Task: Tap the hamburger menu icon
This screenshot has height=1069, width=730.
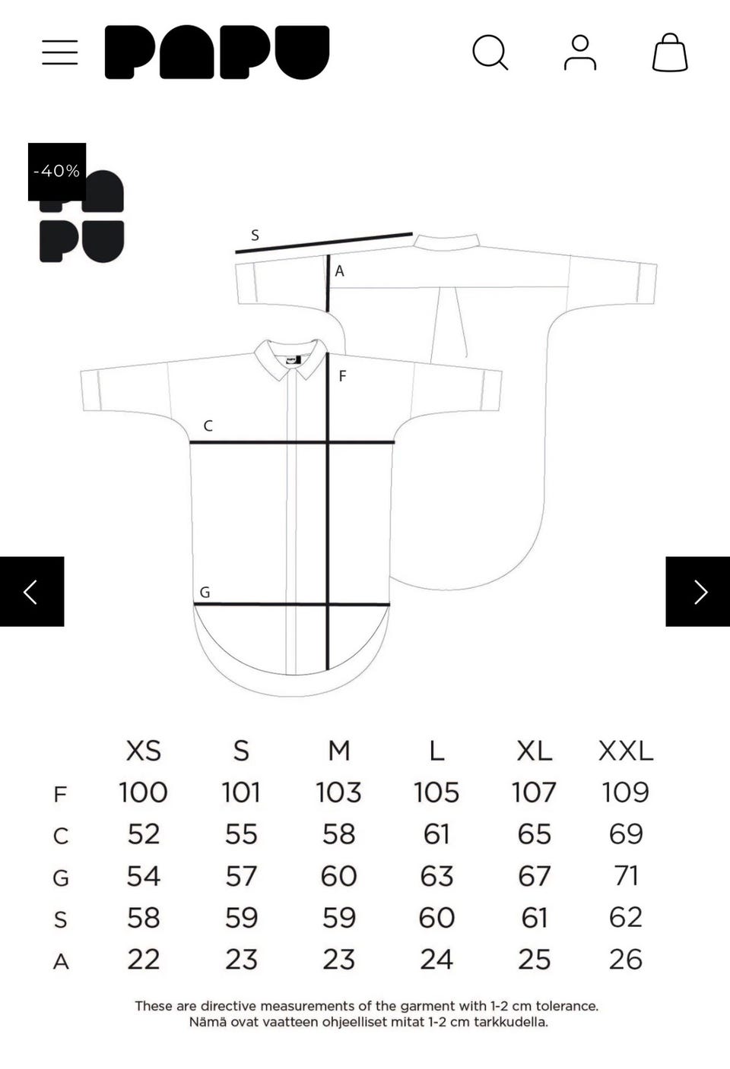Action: point(60,52)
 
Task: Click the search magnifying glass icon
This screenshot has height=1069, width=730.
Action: point(490,52)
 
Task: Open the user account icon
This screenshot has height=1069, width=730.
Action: point(580,52)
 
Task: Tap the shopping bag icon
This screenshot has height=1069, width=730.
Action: point(670,52)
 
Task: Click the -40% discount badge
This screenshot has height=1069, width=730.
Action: point(57,171)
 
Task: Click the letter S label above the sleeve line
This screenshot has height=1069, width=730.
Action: point(255,236)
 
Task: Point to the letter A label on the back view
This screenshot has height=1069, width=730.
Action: point(339,271)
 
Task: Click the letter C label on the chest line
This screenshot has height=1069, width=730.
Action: point(208,425)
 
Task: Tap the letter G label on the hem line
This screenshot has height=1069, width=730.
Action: point(205,593)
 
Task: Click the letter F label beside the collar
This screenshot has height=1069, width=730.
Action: point(342,377)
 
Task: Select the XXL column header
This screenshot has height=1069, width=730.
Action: point(626,751)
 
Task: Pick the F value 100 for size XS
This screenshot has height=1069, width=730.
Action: point(143,792)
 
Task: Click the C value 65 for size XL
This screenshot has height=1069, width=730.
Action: point(534,834)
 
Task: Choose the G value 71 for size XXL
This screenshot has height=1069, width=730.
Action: point(626,876)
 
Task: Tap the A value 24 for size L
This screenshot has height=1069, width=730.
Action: point(436,960)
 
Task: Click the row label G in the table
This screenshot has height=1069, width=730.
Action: point(61,878)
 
